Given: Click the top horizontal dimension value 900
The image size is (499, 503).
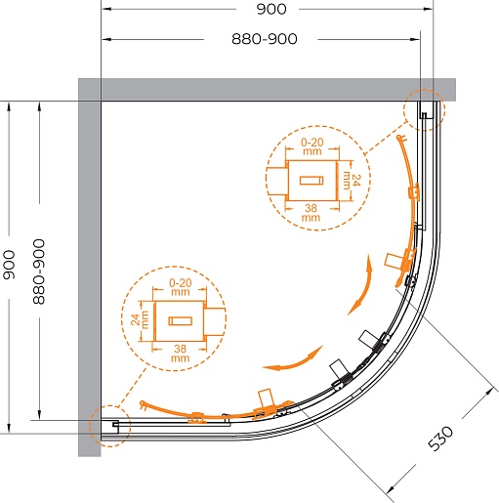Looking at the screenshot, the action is pos(271,9).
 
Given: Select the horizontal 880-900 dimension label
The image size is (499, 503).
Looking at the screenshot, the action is pos(265,39).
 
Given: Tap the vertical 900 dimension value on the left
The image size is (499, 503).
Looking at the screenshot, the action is pos(9,265).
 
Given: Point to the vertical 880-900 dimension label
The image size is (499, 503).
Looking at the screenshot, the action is pos(39,272).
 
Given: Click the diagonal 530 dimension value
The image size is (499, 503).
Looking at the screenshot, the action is pos(439,438).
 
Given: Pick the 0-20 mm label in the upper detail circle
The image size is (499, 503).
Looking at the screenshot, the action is pos(312,147).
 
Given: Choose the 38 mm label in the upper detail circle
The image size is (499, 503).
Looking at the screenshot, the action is pos(311,213).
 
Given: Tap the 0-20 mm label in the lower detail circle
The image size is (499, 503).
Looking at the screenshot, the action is pos(181,287).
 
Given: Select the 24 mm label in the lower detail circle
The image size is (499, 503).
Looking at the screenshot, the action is pos(140,319).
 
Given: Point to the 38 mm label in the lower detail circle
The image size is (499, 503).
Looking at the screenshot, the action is pos(180,354).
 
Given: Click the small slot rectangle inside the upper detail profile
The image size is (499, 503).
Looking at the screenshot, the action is pos(312,181).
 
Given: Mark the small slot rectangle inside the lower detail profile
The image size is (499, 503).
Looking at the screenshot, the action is pos(181,321).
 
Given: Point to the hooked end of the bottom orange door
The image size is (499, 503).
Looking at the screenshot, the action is pos(143,404).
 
